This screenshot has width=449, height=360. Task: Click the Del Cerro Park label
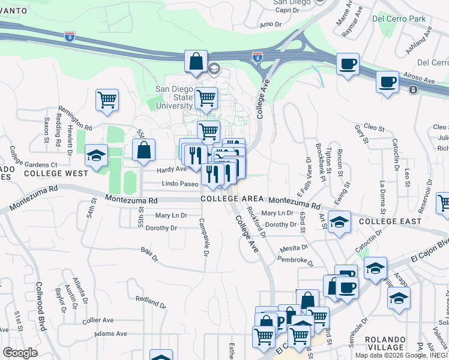(399, 19)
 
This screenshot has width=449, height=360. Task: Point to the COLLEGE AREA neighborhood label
(232, 199)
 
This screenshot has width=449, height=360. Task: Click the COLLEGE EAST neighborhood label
(386, 221)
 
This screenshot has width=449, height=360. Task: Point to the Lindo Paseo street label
(180, 184)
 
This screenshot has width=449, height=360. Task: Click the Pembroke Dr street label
(295, 260)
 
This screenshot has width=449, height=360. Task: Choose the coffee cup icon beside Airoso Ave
(387, 81)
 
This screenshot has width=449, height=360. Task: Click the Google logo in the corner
(20, 353)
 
